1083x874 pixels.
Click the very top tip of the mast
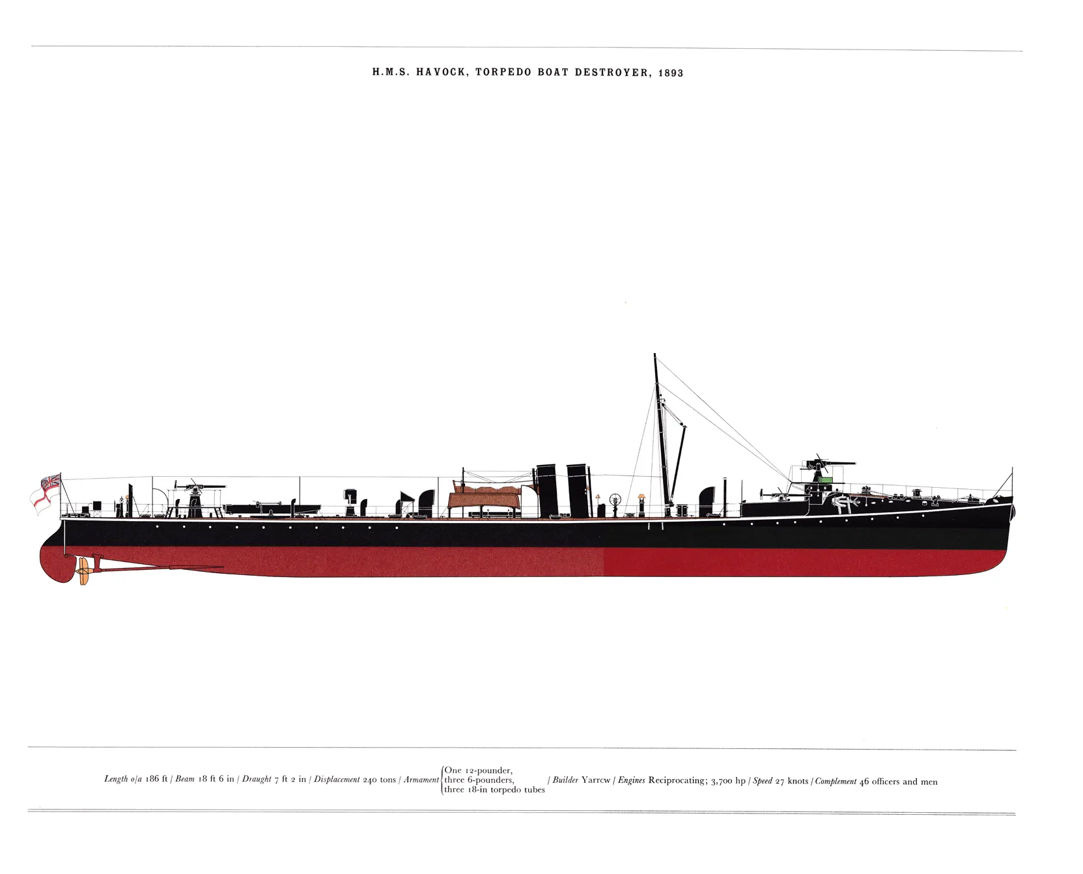(x=654, y=354)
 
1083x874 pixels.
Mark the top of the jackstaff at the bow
(x=1012, y=468)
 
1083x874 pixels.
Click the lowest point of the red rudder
(x=63, y=582)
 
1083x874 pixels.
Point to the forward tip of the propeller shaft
(x=223, y=567)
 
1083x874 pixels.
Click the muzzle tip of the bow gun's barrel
(x=854, y=464)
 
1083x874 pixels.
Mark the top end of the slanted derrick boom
(x=684, y=426)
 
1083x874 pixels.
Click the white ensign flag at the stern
(x=46, y=494)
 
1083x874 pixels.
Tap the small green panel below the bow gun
(x=826, y=479)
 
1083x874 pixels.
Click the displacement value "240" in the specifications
(x=370, y=780)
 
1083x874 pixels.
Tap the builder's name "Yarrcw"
(x=596, y=780)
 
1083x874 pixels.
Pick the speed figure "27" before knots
(x=780, y=781)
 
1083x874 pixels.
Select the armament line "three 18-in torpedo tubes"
(x=495, y=790)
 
